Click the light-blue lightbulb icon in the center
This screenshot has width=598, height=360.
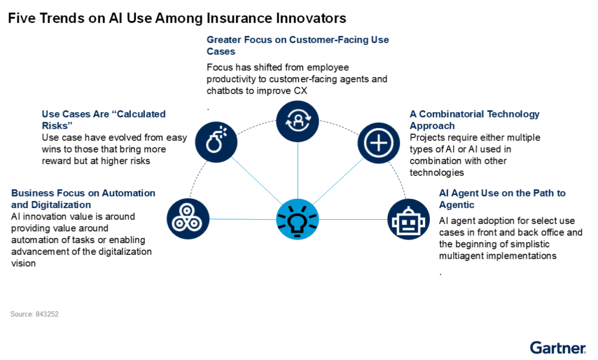click(297, 219)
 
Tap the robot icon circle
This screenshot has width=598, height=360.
click(408, 219)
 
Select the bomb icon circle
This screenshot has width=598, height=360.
click(216, 142)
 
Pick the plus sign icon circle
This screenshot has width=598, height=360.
click(378, 143)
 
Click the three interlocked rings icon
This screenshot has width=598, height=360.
click(188, 219)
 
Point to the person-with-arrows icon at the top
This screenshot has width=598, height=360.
click(297, 121)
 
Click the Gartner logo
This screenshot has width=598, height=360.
click(558, 348)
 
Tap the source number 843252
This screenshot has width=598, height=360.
click(47, 314)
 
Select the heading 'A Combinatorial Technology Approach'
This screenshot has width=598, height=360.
click(474, 120)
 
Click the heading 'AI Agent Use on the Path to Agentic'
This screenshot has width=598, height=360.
click(502, 199)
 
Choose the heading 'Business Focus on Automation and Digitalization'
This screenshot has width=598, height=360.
click(83, 199)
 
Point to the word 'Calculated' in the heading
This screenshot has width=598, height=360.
click(141, 114)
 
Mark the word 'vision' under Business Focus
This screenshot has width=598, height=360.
click(23, 264)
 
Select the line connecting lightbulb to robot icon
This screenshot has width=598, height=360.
click(353, 220)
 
